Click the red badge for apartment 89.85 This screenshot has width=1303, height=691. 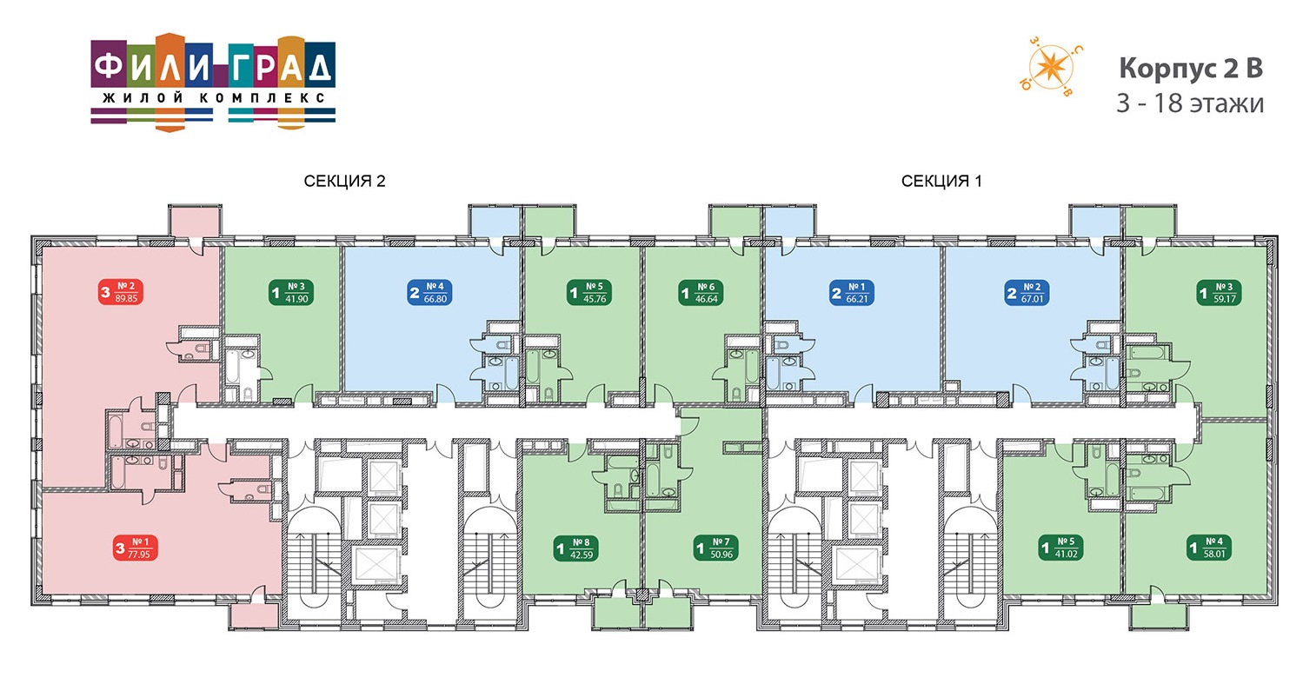coord(121,292)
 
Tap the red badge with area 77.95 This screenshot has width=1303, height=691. coord(135,548)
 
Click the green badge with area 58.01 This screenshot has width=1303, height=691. coord(1210,548)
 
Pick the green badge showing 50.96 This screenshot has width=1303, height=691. coord(716,548)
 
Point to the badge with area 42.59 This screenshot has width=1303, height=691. coord(576,548)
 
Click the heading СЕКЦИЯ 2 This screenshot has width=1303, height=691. coord(344,181)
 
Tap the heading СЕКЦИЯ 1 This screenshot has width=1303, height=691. coord(941,181)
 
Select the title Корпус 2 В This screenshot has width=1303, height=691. coord(1191,68)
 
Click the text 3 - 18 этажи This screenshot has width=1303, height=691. coord(1190,103)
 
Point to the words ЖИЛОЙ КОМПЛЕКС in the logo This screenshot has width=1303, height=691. coord(213,98)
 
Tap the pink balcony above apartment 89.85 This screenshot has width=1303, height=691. coord(195,221)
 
